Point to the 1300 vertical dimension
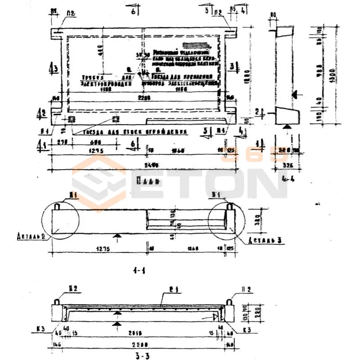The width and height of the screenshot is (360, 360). (332, 72)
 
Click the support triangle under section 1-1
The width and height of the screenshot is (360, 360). (117, 235)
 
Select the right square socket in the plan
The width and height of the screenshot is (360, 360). (115, 118)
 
